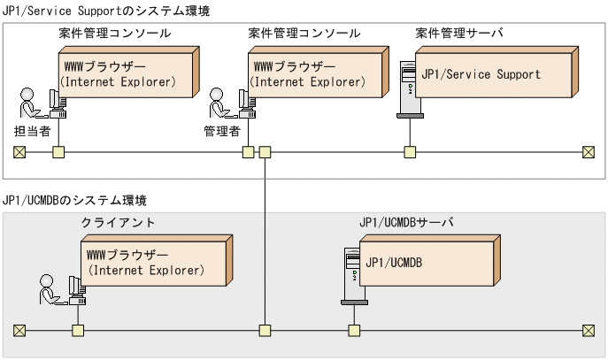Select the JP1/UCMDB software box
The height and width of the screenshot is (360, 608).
(422, 263)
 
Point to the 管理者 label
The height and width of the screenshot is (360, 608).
(222, 130)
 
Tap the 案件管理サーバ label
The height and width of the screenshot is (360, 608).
(458, 33)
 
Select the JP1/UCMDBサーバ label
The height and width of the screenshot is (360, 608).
(406, 222)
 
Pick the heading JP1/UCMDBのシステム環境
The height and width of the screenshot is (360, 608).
(75, 201)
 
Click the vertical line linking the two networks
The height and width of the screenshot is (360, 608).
(264, 239)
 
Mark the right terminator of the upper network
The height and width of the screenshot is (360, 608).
(589, 151)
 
